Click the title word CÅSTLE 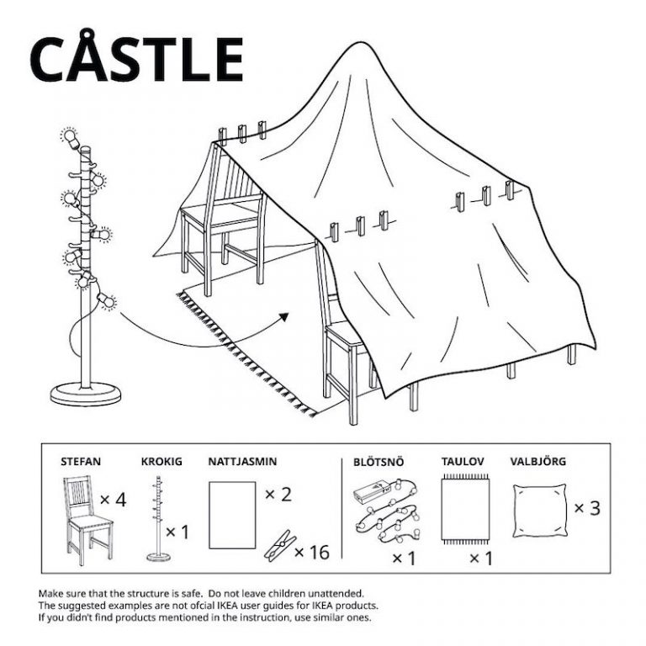(x=136, y=59)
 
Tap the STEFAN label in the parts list (x=82, y=461)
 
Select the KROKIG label (x=161, y=461)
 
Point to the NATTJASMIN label (x=242, y=461)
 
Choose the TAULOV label (x=463, y=461)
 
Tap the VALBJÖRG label (x=537, y=461)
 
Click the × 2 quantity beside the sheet (x=278, y=494)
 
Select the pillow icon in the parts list (x=537, y=510)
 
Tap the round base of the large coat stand (x=85, y=392)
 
